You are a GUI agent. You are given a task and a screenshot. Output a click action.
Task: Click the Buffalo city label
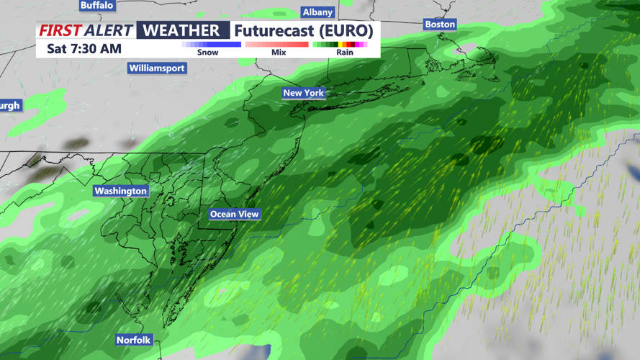[x=97, y=5]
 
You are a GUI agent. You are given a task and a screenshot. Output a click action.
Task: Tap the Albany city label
[x=317, y=12]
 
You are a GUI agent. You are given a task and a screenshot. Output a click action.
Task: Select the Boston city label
[x=440, y=24]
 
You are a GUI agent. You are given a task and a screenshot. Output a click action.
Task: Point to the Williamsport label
[x=157, y=68]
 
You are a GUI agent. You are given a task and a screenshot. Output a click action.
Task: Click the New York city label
[x=303, y=93]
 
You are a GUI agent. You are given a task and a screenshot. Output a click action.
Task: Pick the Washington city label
[x=121, y=191]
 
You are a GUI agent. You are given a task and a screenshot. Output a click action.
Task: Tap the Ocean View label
[x=234, y=215]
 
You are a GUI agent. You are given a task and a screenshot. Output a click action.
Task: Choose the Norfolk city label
[x=134, y=340]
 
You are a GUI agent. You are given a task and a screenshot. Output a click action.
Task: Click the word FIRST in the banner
[x=60, y=30]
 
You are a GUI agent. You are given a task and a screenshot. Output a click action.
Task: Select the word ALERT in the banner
[x=109, y=30]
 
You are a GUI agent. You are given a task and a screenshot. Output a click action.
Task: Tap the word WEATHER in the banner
[x=182, y=30]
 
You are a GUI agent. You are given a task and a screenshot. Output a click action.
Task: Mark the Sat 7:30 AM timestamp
[x=84, y=49]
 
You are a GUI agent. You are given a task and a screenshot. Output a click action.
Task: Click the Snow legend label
[x=207, y=53]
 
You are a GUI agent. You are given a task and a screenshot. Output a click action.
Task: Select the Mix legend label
[x=279, y=53]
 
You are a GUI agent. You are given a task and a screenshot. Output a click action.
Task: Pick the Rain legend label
[x=345, y=53]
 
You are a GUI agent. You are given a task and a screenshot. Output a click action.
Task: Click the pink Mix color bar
[x=277, y=45]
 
